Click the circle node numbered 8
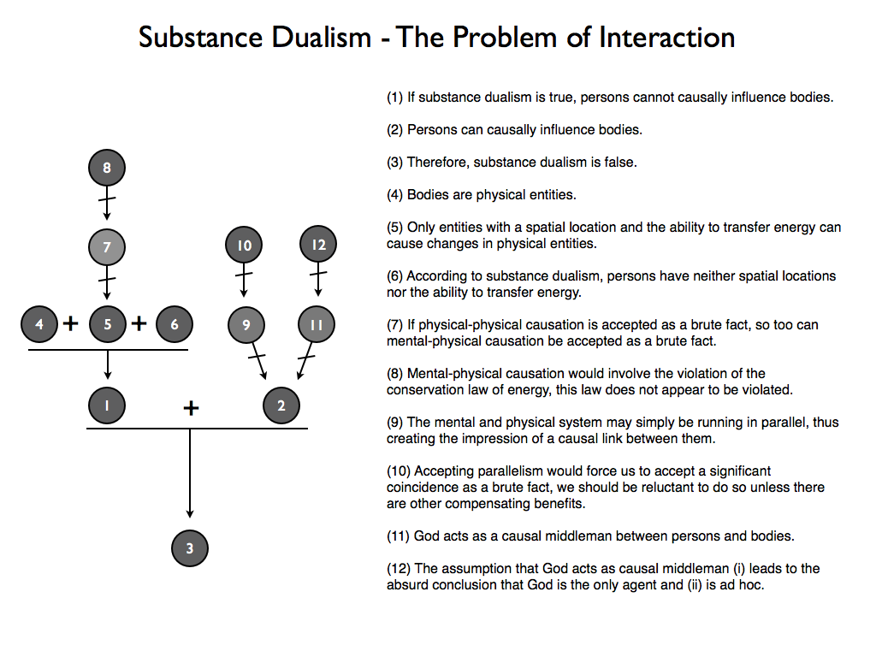coord(107,168)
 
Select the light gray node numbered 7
coord(107,247)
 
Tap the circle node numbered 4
coord(39,324)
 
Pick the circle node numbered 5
coord(107,324)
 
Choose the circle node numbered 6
coord(175,324)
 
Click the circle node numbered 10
coord(244,245)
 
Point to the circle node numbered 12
coord(318,244)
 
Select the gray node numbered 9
coord(246,324)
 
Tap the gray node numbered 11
coord(317,324)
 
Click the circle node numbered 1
coord(107,405)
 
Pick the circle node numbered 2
coord(281,405)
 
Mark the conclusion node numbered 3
coord(190,548)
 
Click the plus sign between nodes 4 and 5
coord(70,323)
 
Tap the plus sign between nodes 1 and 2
coord(191,408)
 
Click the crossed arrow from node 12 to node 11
coord(318,280)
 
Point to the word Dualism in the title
coord(322,38)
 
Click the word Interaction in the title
coord(667,38)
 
